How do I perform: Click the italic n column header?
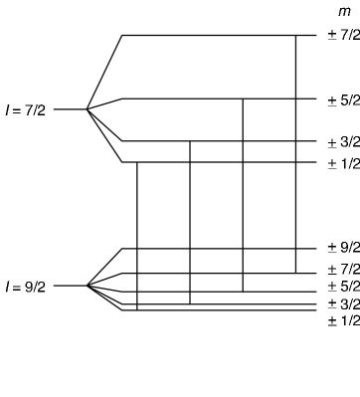pyautogui.click(x=342, y=11)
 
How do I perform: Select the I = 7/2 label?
pyautogui.click(x=23, y=109)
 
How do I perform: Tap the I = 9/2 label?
pyautogui.click(x=23, y=287)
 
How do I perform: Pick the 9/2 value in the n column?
pyautogui.click(x=348, y=247)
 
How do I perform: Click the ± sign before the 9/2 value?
pyautogui.click(x=330, y=245)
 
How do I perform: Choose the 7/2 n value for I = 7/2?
pyautogui.click(x=348, y=35)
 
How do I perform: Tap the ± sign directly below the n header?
pyautogui.click(x=330, y=34)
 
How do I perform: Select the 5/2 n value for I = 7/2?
pyautogui.click(x=348, y=99)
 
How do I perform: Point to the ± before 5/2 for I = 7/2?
pyautogui.click(x=330, y=99)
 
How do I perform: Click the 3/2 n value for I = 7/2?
pyautogui.click(x=348, y=141)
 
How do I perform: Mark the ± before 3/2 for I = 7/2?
pyautogui.click(x=330, y=140)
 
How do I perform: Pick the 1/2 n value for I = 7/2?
pyautogui.click(x=348, y=163)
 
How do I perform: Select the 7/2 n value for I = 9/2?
pyautogui.click(x=348, y=269)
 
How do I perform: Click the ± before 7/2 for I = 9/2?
pyautogui.click(x=330, y=267)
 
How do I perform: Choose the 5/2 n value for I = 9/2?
pyautogui.click(x=348, y=287)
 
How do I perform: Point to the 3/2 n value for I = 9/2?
pyautogui.click(x=348, y=303)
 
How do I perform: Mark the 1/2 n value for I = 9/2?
pyautogui.click(x=348, y=320)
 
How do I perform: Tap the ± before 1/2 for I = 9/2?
pyautogui.click(x=330, y=318)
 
